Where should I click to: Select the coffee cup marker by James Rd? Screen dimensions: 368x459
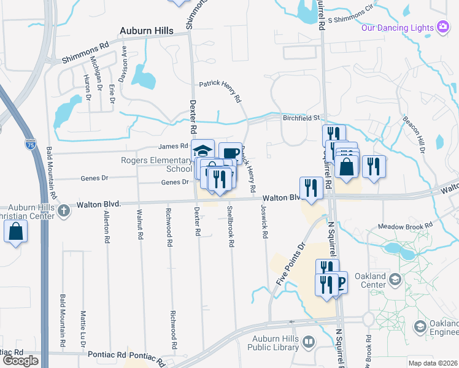[x=230, y=153]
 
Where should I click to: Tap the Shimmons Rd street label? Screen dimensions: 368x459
[x=85, y=53]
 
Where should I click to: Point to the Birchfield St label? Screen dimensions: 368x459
[x=301, y=118]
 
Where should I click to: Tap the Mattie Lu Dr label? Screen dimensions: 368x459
[x=82, y=327]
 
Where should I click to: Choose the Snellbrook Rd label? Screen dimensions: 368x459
[x=231, y=226]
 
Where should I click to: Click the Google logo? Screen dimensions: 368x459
[x=20, y=361]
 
